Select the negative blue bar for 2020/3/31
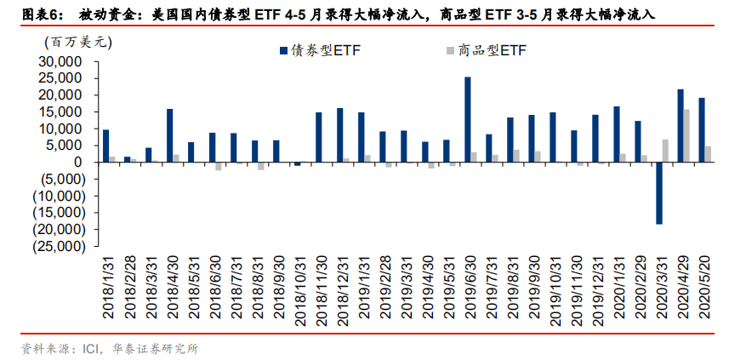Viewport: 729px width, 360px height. click(658, 193)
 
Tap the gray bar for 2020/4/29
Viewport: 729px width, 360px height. click(686, 135)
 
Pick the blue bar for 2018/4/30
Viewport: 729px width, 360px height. click(169, 135)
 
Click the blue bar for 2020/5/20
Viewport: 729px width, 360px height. click(702, 129)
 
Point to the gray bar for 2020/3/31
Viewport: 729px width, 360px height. click(665, 151)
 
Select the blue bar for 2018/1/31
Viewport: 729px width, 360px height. click(105, 146)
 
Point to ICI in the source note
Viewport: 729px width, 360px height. click(92, 348)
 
